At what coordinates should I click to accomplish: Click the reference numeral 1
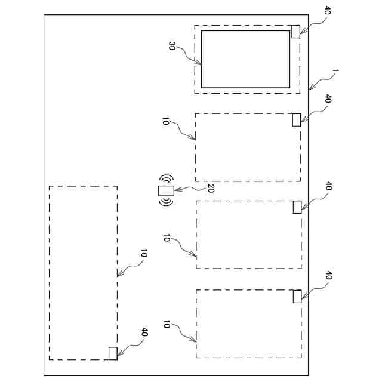pos(335,72)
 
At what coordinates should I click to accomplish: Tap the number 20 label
pos(210,189)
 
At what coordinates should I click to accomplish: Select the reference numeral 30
pos(171,46)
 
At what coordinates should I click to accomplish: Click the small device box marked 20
pos(165,190)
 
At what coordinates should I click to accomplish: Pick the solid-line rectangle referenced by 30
pos(245,59)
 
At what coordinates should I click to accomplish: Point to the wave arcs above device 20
pos(165,179)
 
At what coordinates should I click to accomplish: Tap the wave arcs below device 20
pos(165,202)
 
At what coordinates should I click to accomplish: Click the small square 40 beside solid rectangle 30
pos(295,32)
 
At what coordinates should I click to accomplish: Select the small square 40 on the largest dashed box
pos(112,353)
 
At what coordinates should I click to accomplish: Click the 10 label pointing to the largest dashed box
pos(143,254)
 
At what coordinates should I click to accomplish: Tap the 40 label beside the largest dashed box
pos(144,332)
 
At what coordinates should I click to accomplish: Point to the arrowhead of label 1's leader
pos(310,90)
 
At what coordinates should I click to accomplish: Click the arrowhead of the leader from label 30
pos(201,63)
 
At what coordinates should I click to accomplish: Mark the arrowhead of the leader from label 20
pos(175,190)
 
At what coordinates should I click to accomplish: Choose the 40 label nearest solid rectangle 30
pos(326,10)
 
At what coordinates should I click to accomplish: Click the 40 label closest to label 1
pos(327,98)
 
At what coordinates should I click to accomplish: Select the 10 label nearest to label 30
pos(165,121)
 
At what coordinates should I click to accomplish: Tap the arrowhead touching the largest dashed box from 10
pos(118,276)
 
